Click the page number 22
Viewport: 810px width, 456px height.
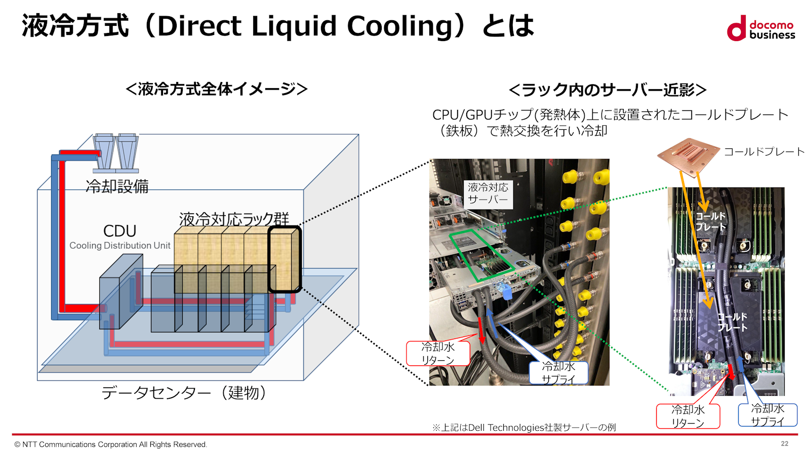click(784, 444)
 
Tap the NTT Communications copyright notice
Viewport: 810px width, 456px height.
click(111, 444)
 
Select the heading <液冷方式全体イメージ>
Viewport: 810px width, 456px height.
click(217, 89)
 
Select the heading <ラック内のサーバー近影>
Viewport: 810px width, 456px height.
click(607, 90)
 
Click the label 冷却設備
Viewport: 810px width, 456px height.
click(117, 186)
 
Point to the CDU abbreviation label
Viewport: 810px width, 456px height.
click(120, 231)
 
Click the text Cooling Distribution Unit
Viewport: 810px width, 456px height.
click(120, 246)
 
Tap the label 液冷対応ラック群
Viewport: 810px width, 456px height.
click(234, 219)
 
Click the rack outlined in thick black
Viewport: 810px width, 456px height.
click(285, 259)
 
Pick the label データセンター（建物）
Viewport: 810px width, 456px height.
click(184, 393)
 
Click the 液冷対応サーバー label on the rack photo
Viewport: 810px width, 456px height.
click(488, 194)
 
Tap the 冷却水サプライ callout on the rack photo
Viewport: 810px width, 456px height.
click(558, 373)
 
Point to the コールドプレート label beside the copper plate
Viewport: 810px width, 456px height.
click(764, 151)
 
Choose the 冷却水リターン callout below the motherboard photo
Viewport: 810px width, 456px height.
click(687, 416)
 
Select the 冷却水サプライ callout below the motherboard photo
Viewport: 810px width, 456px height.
click(767, 415)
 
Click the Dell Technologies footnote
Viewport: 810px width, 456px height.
click(524, 428)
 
